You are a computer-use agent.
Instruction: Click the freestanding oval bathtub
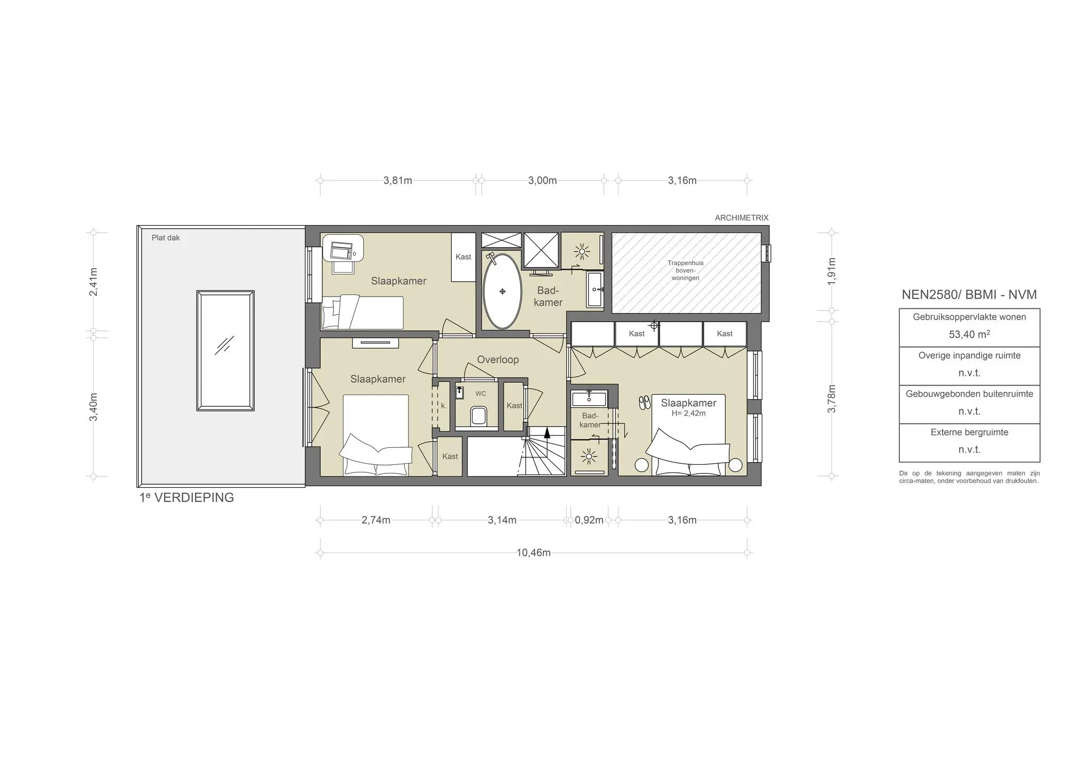[502, 291]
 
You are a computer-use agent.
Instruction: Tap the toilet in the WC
[478, 416]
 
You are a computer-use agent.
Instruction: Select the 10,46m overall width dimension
[533, 553]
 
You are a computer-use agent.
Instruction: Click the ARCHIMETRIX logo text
[742, 218]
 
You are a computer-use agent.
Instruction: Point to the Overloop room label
[498, 359]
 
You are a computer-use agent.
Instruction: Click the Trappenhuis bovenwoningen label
[686, 270]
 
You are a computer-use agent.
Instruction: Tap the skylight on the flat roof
[225, 350]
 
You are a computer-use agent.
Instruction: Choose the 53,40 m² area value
[969, 334]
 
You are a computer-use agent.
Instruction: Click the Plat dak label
[166, 238]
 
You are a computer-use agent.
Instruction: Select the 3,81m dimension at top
[397, 181]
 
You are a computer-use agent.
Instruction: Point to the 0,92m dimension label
[589, 520]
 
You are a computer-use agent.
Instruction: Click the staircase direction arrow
[547, 432]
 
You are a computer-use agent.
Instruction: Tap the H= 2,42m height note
[688, 413]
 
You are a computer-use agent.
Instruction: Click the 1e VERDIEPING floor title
[186, 497]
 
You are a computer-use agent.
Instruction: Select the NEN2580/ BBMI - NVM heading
[969, 294]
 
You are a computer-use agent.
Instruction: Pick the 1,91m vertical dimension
[832, 272]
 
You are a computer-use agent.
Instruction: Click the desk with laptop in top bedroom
[343, 248]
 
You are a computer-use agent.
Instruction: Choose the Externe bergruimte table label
[969, 432]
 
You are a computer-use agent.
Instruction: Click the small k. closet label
[444, 406]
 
